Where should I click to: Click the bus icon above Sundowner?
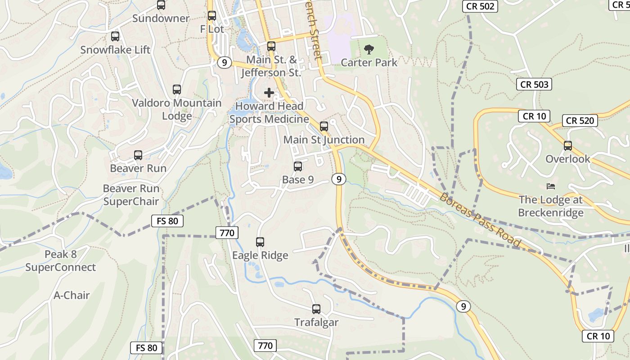pos(161,5)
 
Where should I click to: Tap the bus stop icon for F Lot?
pos(212,16)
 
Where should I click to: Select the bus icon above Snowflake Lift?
pos(115,36)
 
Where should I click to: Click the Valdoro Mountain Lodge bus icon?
pos(177,90)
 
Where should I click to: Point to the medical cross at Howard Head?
pos(269,93)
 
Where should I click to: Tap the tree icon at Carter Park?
pos(369,49)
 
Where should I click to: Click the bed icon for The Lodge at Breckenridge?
pos(551,186)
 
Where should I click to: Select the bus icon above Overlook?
pos(568,146)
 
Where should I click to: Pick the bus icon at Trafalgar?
pos(316,309)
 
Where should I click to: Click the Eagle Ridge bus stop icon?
pos(260,242)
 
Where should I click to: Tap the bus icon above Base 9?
pos(298,166)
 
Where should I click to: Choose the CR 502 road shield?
pos(480,6)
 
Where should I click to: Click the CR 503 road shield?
pos(534,84)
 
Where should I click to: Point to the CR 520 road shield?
pos(580,121)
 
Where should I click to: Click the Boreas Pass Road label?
pos(480,220)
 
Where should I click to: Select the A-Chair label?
pos(72,296)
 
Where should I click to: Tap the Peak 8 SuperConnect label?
pos(60,261)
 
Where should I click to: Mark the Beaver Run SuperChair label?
pos(131,195)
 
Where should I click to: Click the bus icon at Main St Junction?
pos(324,126)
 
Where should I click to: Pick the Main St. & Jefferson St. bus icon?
pos(271,46)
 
